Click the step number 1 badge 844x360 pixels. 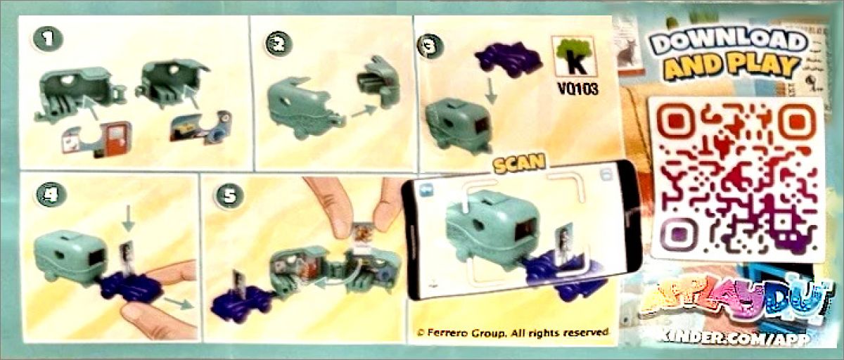tap(48, 39)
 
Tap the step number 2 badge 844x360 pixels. tap(279, 44)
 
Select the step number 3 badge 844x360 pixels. tap(430, 47)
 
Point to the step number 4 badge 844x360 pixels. tap(51, 195)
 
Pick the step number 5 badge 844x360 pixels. tap(230, 195)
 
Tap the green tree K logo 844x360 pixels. tap(574, 56)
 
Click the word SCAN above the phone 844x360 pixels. tap(520, 164)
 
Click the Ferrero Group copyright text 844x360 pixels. tap(513, 333)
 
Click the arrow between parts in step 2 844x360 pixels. tap(364, 111)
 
